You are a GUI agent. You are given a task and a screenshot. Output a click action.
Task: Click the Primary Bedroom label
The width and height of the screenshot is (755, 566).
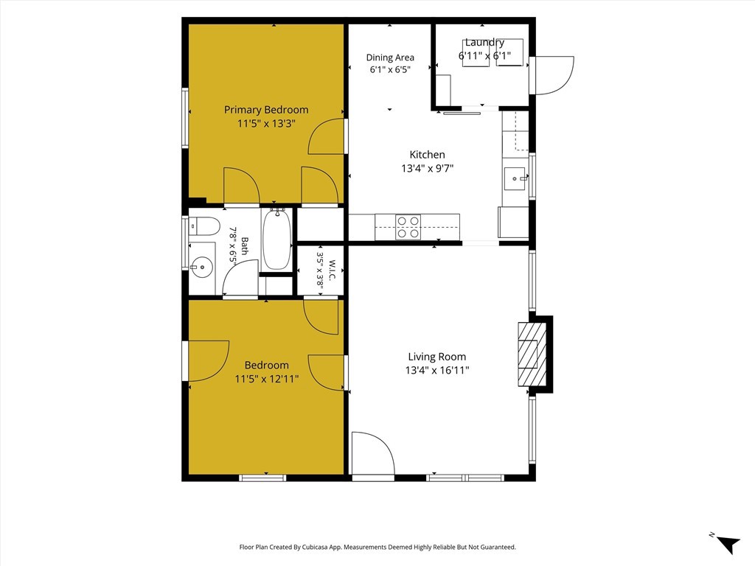265,110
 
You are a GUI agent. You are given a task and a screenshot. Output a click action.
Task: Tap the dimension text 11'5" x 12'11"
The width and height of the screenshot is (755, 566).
266,379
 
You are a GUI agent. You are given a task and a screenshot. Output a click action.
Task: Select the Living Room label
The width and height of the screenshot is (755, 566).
436,357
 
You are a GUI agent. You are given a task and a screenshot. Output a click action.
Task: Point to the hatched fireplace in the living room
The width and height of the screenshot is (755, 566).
532,354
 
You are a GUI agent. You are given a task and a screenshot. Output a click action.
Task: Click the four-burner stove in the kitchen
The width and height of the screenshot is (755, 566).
408,227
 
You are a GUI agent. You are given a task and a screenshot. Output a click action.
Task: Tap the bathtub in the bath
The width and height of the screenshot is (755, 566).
277,240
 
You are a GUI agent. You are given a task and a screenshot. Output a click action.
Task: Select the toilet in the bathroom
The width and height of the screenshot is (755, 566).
204,226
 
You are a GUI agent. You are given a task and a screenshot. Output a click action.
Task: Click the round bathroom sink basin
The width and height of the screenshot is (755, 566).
201,266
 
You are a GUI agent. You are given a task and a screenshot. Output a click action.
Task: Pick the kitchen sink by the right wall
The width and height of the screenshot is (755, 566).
515,178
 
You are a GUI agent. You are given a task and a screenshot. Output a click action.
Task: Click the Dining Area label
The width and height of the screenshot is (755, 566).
390,57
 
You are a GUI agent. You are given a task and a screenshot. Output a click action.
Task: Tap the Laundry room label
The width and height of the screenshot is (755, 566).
484,42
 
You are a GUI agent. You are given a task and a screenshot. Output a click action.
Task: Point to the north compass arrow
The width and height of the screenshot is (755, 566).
729,544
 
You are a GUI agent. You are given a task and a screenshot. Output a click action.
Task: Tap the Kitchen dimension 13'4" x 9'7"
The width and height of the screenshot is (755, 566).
428,169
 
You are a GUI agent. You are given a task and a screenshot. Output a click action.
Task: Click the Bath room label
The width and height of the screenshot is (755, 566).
245,246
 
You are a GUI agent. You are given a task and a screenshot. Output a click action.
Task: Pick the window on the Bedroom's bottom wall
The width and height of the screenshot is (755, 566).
262,478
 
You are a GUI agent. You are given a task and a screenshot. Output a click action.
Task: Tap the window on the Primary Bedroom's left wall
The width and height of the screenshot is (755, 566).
185,118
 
